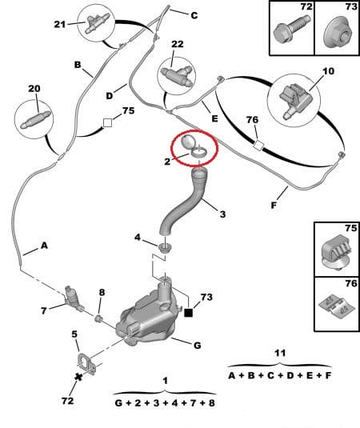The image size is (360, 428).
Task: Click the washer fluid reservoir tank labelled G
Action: pos(146,318)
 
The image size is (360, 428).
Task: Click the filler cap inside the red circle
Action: pos(193,146)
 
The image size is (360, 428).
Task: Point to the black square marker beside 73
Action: pos(189,313)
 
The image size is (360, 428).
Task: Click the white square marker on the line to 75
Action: pos(107,123)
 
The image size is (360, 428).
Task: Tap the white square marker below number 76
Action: pos(258,146)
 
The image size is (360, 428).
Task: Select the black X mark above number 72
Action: pos(78,378)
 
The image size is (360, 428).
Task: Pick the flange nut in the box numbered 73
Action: pos(338,34)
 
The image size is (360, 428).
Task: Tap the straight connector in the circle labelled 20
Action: pos(35,120)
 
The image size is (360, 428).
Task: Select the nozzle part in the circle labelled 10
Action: pos(294,101)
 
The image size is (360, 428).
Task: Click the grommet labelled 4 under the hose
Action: pos(165,248)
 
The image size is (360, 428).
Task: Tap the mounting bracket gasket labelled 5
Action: pos(86,362)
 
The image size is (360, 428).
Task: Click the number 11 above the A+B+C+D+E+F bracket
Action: pos(280,354)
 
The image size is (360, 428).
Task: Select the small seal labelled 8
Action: pos(98,318)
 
